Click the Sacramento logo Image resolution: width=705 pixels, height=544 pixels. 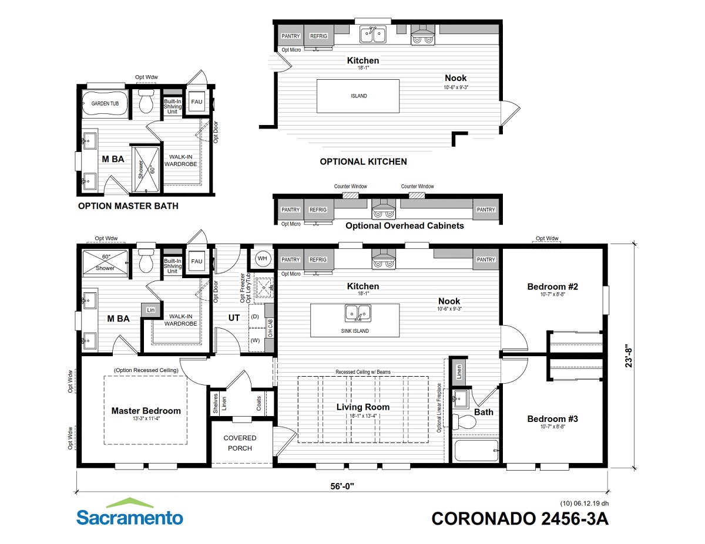point(130,512)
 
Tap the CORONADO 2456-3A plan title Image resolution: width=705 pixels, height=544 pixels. point(520,519)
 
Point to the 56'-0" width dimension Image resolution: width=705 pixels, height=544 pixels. point(342,486)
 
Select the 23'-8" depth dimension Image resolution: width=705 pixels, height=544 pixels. point(629,356)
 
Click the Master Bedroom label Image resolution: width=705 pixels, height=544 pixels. point(146,411)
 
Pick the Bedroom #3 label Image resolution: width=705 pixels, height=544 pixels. point(552,419)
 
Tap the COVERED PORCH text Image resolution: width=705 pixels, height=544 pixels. point(240,443)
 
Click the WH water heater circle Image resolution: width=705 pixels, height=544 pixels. point(262,259)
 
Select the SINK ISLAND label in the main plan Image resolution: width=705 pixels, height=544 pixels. point(355,331)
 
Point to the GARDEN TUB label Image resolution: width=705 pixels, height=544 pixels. point(105,104)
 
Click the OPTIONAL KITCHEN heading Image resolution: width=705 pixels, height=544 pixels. point(363,162)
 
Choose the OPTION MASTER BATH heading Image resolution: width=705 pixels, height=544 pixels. point(128,206)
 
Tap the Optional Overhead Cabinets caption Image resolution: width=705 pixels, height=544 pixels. point(405,226)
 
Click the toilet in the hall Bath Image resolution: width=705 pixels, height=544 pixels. point(464,421)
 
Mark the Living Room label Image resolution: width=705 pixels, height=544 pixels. point(362,407)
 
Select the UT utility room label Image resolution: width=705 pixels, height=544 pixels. point(234,318)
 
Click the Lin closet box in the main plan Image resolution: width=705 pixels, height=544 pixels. point(150,310)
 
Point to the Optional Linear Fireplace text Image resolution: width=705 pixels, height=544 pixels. point(439,408)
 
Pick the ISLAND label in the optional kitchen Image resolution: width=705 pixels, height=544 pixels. point(358,96)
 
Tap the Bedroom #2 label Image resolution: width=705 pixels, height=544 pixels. point(552,287)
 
